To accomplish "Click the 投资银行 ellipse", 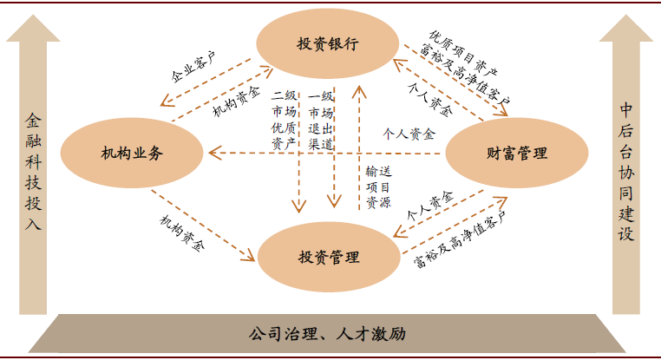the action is pyautogui.click(x=328, y=44).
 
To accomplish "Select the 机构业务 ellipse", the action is pyautogui.click(x=132, y=153).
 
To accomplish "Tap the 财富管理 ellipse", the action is pyautogui.click(x=517, y=153).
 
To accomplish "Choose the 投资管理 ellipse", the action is pyautogui.click(x=329, y=257).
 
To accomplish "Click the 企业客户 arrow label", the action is pyautogui.click(x=193, y=67).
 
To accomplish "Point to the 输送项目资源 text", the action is pyautogui.click(x=378, y=187).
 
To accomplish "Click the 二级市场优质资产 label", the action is pyautogui.click(x=285, y=120).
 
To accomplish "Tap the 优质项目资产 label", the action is pyautogui.click(x=463, y=54).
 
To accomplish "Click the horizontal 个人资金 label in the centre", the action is pyautogui.click(x=409, y=134).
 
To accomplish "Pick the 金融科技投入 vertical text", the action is pyautogui.click(x=33, y=171).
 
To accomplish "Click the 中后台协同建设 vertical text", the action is pyautogui.click(x=626, y=171).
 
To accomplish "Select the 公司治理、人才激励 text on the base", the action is pyautogui.click(x=327, y=334).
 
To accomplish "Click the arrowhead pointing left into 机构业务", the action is pyautogui.click(x=214, y=153).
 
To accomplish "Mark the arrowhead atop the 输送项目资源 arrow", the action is pyautogui.click(x=359, y=91).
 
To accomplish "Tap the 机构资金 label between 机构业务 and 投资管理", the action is pyautogui.click(x=182, y=233).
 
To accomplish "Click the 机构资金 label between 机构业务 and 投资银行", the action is pyautogui.click(x=236, y=101).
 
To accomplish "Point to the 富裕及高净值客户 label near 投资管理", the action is pyautogui.click(x=460, y=239).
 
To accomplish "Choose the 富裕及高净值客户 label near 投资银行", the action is pyautogui.click(x=465, y=74).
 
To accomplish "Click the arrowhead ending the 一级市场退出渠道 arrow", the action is pyautogui.click(x=334, y=201).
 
